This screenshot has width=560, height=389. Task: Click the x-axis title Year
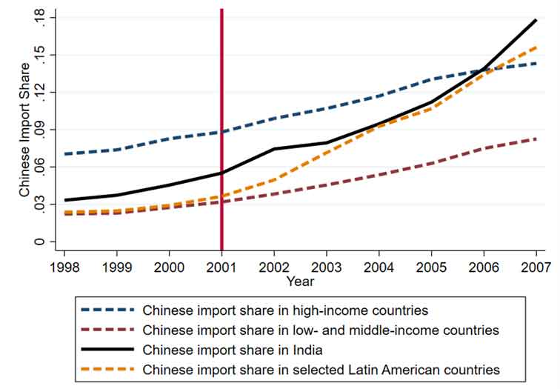pos(300,282)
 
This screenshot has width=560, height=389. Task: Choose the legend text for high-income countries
pos(285,310)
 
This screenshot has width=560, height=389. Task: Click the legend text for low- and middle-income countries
pos(321,330)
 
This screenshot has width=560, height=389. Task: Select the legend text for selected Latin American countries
pos(321,369)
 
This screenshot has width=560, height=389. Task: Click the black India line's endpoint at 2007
pos(536,20)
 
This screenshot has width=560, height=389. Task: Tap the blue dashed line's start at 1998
pos(66,154)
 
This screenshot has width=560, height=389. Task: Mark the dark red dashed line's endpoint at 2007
pos(536,139)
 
